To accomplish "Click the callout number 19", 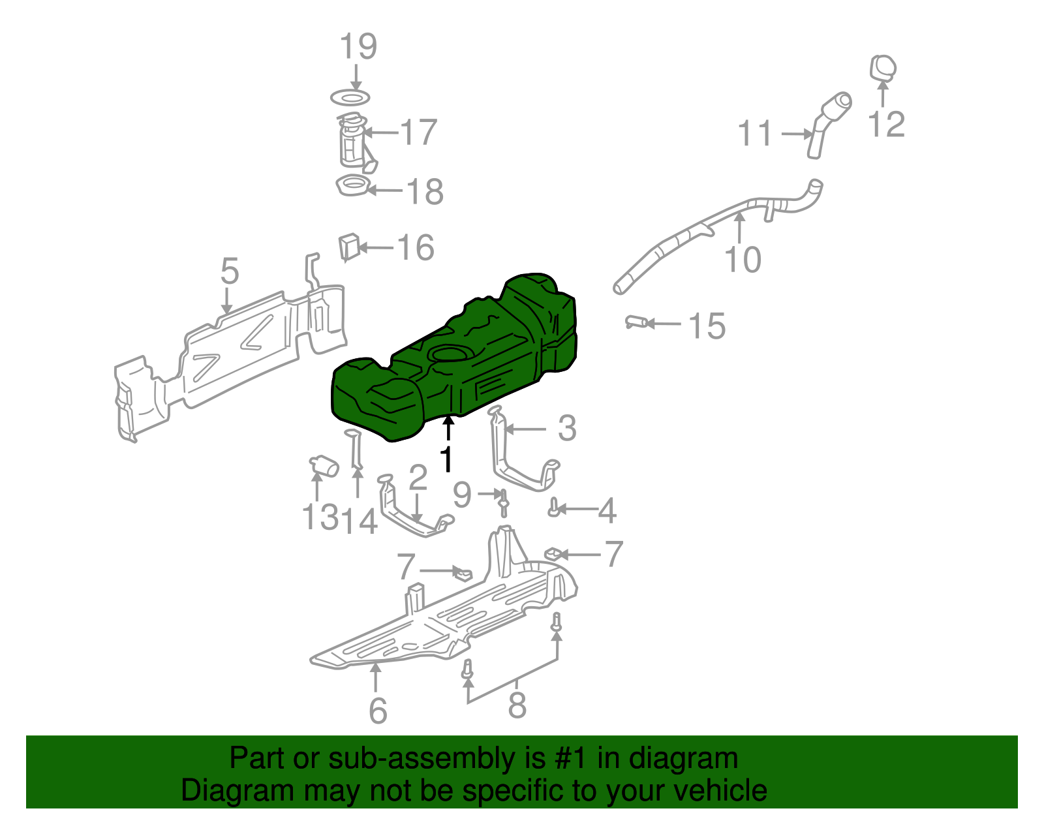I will point(358,46).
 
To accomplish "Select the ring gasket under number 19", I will point(350,99).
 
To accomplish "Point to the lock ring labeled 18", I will point(352,187).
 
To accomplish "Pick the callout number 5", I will point(229,271).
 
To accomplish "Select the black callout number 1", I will point(446,459).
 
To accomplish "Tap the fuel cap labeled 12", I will point(883,68).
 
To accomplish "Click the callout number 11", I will point(755,134).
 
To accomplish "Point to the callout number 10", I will point(743,259).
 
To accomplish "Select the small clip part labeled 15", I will point(637,322).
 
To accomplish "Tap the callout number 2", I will point(418,478).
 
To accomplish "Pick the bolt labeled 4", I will point(554,508).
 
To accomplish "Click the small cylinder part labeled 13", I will point(324,466).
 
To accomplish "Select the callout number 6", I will point(378,710).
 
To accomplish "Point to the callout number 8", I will point(517,705).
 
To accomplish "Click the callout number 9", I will point(462,495).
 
